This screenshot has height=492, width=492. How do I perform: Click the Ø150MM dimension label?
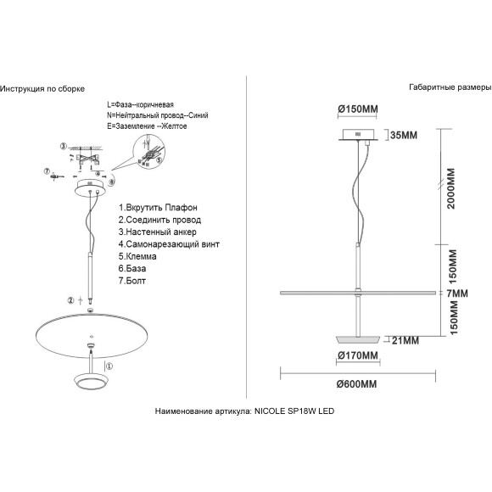[x=358, y=109]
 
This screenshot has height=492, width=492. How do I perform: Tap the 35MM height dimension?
[x=404, y=135]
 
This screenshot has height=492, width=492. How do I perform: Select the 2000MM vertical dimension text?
[x=451, y=188]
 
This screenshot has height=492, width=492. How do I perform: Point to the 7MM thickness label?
[x=457, y=294]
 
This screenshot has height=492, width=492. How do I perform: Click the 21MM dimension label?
[x=405, y=340]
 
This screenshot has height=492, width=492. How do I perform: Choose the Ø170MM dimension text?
[x=358, y=355]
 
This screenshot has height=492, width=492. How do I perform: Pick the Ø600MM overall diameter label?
[x=356, y=384]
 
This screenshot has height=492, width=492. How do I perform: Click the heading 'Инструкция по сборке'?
[x=42, y=89]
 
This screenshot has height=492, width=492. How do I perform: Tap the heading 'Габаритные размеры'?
[x=450, y=87]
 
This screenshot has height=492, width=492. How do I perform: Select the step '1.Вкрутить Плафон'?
[x=158, y=208]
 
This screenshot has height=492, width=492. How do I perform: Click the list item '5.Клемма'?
[x=137, y=256]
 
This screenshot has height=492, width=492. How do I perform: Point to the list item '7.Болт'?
[x=132, y=281]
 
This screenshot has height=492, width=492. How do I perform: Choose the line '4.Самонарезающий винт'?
[x=169, y=244]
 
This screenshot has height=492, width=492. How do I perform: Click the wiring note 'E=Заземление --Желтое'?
[x=147, y=126]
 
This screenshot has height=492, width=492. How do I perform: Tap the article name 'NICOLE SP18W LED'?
[x=294, y=411]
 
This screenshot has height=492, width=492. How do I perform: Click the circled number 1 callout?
[x=109, y=366]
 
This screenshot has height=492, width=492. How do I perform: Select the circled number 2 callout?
[x=71, y=300]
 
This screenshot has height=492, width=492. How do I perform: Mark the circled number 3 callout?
[x=64, y=146]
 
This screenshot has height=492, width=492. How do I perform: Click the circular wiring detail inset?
[x=149, y=151]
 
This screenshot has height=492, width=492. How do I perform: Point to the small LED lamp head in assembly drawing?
[x=92, y=381]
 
